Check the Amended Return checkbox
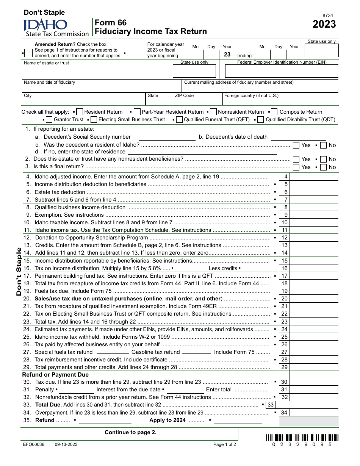28,53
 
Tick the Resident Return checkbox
80,112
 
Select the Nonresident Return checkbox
213,112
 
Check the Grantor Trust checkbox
49,120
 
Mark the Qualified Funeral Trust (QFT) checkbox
180,120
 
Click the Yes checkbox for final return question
296,167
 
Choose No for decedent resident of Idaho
323,145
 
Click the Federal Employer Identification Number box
281,71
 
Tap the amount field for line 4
314,177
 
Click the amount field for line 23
314,322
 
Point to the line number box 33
271,405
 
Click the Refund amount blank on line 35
105,421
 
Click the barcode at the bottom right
302,437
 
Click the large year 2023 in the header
324,24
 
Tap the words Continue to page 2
130,432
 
